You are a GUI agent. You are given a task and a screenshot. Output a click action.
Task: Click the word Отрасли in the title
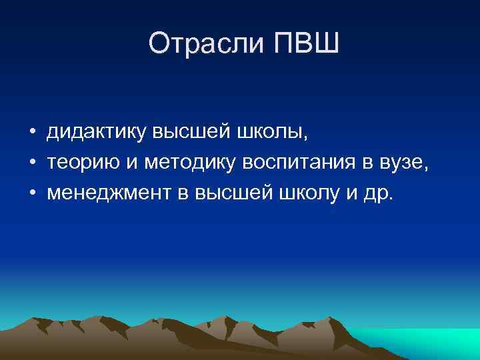(197, 44)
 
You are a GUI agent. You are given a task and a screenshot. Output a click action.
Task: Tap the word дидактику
(96, 133)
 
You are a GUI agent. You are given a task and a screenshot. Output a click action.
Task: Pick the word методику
(185, 163)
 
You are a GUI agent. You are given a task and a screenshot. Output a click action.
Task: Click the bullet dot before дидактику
(32, 133)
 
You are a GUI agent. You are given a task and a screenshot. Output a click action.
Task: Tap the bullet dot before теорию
(32, 163)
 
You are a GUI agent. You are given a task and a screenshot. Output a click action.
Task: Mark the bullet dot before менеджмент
(32, 193)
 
